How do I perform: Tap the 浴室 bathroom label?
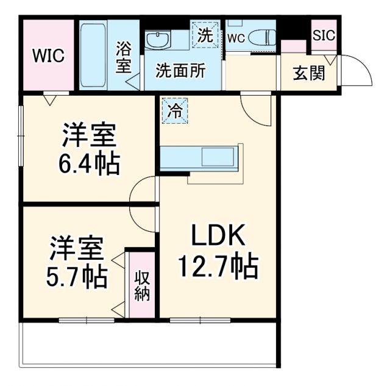click(x=124, y=57)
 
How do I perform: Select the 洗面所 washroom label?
click(x=180, y=70)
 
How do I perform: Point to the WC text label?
click(x=236, y=38)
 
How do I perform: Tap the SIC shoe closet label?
click(x=323, y=35)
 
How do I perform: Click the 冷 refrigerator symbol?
click(x=175, y=112)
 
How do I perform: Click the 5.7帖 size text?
click(x=78, y=276)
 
